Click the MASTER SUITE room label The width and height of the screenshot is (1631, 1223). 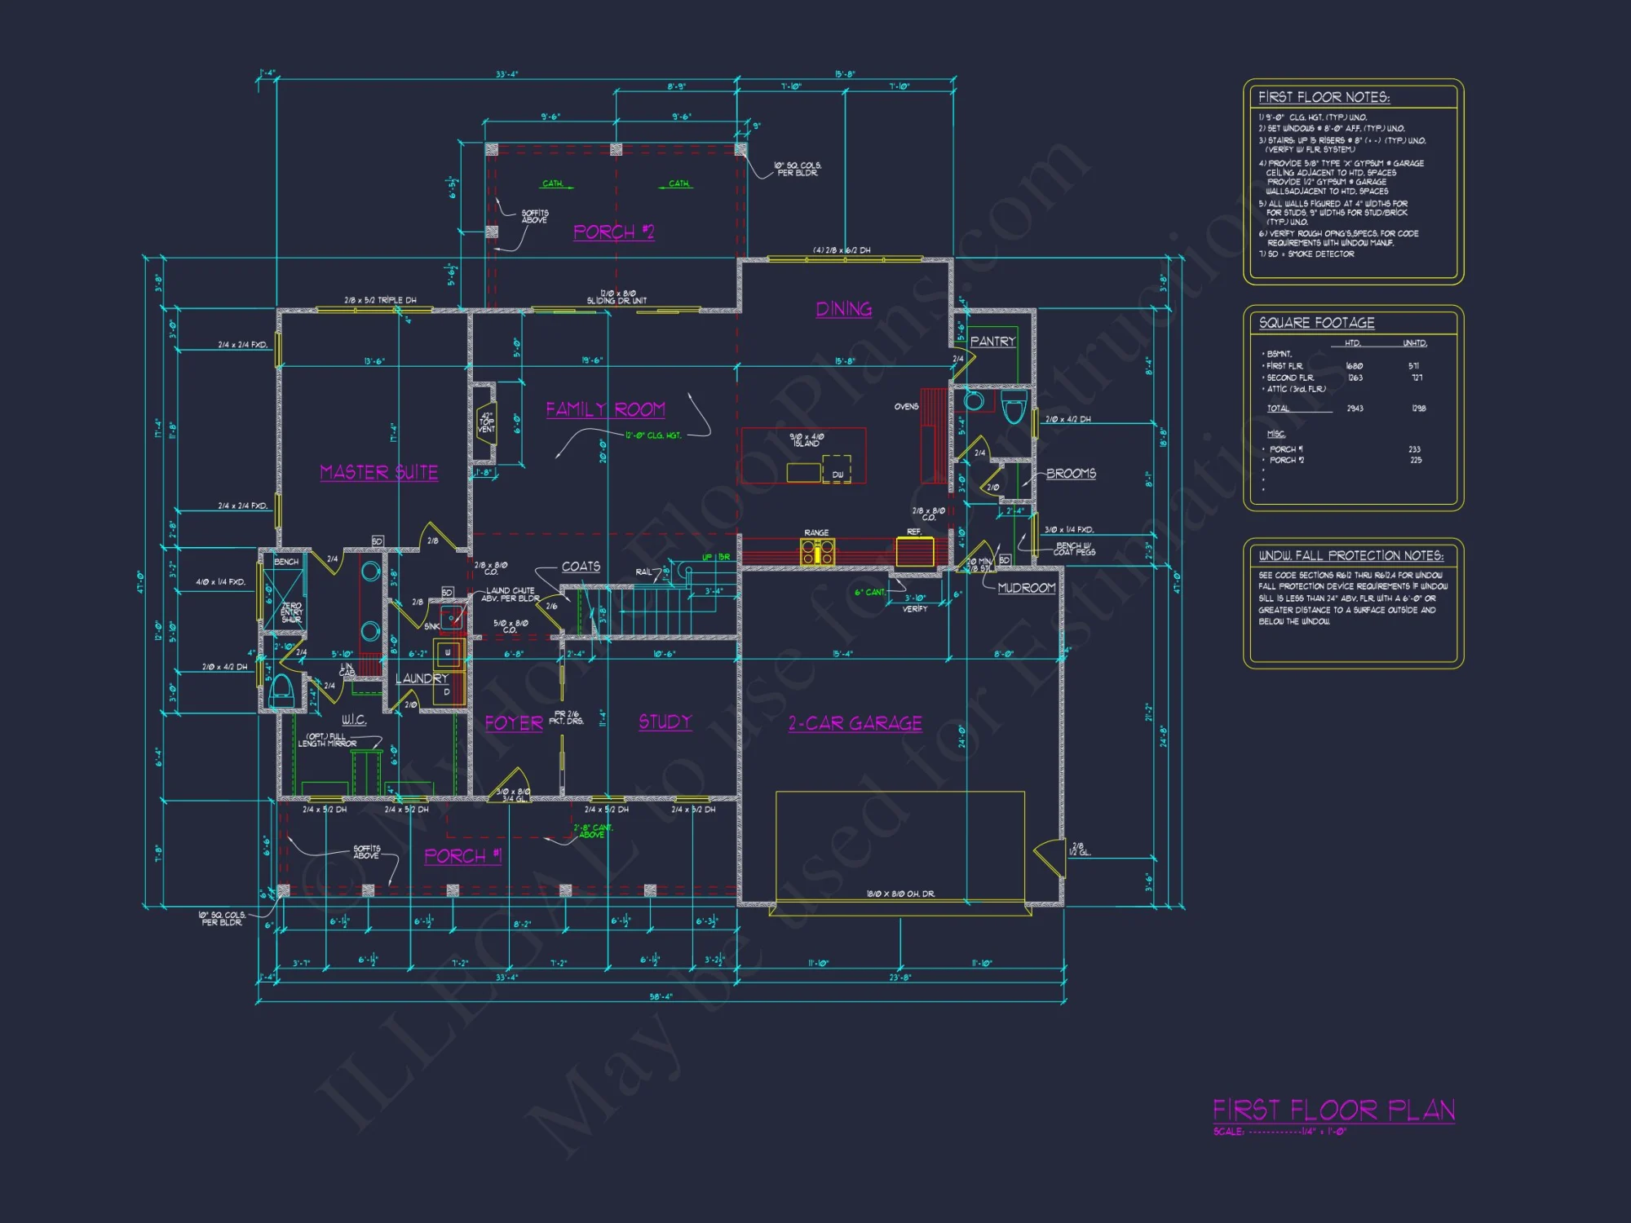[378, 472]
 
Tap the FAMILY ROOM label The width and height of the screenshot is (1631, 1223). [605, 409]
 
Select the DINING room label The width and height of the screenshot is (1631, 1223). [844, 309]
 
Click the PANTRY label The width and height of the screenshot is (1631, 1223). [992, 342]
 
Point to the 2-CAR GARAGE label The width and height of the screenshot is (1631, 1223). [855, 723]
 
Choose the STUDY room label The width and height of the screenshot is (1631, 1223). [665, 722]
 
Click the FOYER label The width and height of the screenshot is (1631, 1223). [514, 723]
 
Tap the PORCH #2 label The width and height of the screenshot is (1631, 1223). [613, 232]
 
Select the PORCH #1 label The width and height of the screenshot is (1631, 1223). [462, 856]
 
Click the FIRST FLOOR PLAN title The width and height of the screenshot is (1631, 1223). [1333, 1110]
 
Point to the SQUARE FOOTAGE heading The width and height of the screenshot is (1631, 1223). [1316, 323]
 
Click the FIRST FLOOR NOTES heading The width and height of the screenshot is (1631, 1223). [1324, 97]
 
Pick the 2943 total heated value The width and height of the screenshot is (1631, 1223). [1355, 408]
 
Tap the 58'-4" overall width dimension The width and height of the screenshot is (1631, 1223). [661, 996]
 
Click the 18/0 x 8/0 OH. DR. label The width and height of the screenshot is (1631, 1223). [900, 894]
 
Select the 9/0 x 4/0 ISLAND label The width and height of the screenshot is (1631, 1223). [807, 440]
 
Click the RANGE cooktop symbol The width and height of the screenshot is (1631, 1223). [817, 553]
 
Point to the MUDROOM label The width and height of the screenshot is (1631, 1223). [1026, 588]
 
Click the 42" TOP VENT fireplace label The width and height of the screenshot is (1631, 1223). [486, 422]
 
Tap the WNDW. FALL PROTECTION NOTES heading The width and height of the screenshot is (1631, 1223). [1350, 555]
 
